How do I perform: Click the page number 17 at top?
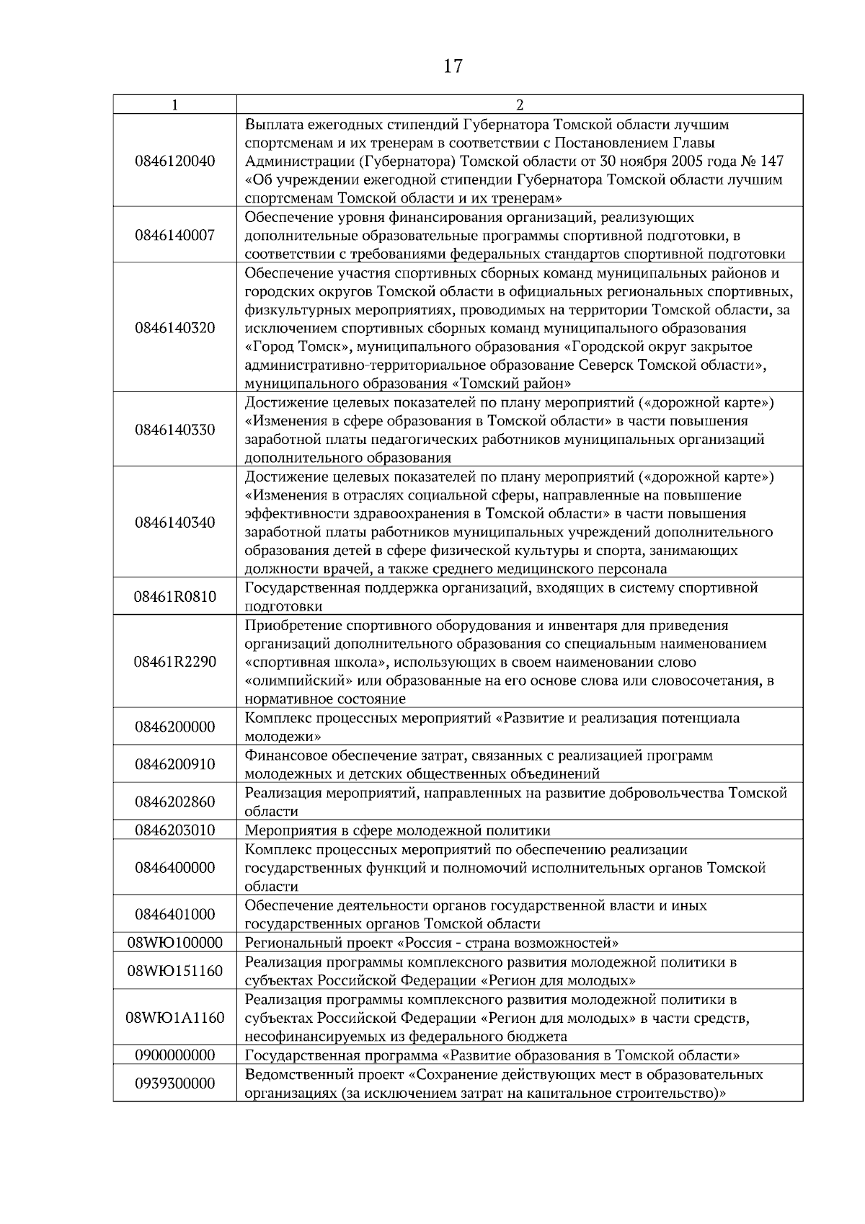click(x=453, y=67)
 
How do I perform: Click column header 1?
click(x=175, y=105)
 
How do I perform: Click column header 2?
click(x=520, y=105)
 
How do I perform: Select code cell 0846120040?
click(x=175, y=161)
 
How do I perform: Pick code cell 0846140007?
click(x=175, y=235)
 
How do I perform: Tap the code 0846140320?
click(x=175, y=328)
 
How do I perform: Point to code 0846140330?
click(x=175, y=430)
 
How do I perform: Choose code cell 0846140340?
click(x=175, y=523)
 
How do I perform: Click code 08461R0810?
click(x=175, y=597)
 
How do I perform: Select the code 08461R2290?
click(x=175, y=662)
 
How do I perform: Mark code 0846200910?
click(x=175, y=764)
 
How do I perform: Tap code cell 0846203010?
click(x=175, y=830)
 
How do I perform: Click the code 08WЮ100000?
click(x=175, y=943)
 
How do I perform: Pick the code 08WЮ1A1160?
click(x=175, y=1018)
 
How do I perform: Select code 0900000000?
click(x=175, y=1055)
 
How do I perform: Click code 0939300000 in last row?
click(x=175, y=1083)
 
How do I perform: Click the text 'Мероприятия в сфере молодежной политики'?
click(x=398, y=830)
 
